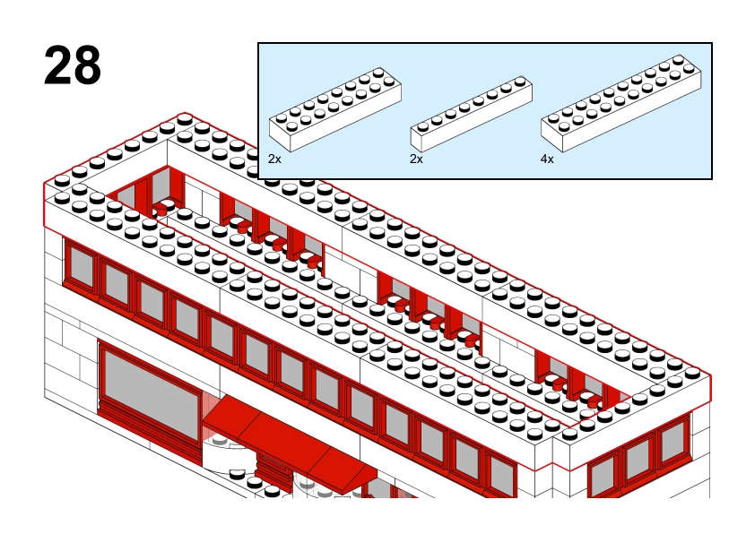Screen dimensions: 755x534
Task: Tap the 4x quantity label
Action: point(547,159)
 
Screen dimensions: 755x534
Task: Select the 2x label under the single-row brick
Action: point(416,159)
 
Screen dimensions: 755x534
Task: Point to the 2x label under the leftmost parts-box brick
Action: point(274,159)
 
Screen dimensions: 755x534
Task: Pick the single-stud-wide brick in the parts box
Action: point(472,114)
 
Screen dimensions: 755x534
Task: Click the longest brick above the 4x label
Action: point(621,103)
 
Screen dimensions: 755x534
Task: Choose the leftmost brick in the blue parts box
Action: point(335,109)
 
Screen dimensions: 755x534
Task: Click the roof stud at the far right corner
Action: point(692,374)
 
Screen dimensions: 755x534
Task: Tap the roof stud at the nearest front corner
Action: point(569,435)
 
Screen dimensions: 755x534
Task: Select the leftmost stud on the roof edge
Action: point(62,182)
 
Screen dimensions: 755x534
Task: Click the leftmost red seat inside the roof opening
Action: point(161,208)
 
